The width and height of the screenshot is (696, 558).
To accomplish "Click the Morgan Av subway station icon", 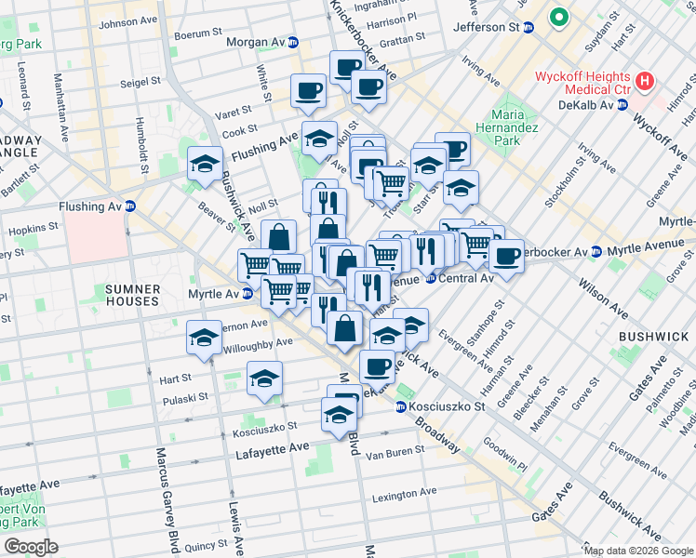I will [x=293, y=42].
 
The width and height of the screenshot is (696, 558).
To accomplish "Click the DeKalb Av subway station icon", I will [x=620, y=106].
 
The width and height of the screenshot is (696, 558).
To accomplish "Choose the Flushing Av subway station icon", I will [x=130, y=206].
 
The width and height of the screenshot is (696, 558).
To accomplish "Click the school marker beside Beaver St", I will [x=205, y=165].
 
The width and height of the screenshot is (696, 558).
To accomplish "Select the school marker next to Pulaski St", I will [x=264, y=379].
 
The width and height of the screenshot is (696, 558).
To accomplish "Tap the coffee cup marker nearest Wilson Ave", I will [x=506, y=256].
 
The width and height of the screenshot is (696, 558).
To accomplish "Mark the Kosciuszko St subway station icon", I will [x=401, y=407].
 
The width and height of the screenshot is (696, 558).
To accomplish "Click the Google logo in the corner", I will [x=31, y=547].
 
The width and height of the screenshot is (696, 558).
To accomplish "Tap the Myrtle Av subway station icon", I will [x=248, y=294].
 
